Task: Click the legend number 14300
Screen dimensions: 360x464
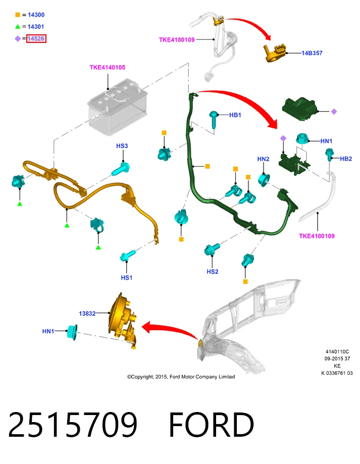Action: click(36, 15)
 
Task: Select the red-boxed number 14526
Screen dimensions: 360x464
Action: click(36, 38)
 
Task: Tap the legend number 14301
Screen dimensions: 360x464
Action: click(36, 27)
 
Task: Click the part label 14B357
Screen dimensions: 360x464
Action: click(312, 53)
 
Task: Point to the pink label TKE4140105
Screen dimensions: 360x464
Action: click(108, 68)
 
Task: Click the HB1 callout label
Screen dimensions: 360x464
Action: click(235, 115)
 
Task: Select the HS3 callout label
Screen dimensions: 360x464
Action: click(122, 146)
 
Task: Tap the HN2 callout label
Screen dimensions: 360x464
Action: click(263, 159)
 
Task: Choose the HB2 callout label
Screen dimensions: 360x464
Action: click(346, 159)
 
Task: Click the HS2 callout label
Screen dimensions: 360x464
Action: click(213, 272)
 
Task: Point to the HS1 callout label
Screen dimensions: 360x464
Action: click(127, 278)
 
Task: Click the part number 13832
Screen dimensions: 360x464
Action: click(87, 314)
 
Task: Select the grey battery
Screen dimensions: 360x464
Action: click(118, 107)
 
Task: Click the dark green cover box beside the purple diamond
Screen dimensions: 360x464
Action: click(300, 109)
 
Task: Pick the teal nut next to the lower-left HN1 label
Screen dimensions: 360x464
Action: click(72, 332)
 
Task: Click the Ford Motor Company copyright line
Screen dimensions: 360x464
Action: click(181, 377)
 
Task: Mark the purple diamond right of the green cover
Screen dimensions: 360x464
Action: click(334, 112)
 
